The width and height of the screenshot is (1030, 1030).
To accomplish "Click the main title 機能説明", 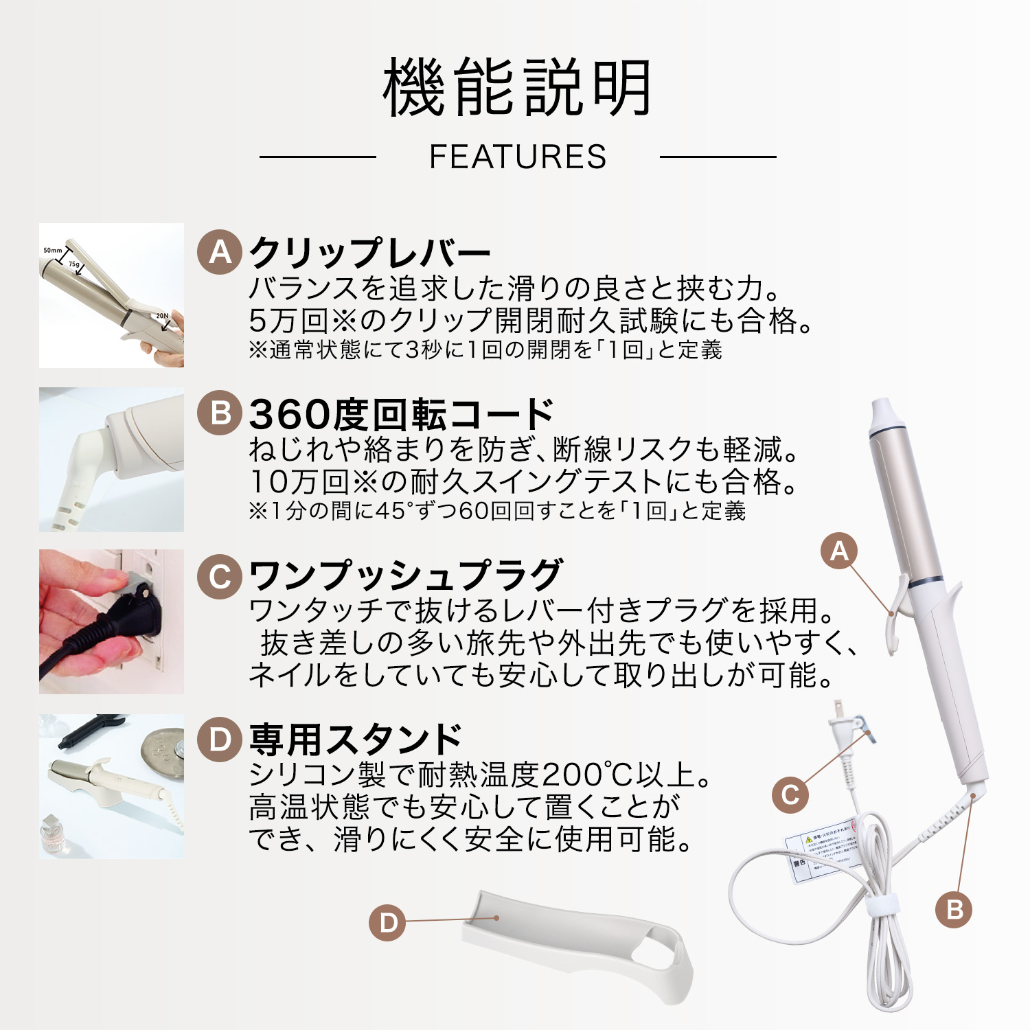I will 516,88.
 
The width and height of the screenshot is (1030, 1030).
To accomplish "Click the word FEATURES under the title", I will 518,157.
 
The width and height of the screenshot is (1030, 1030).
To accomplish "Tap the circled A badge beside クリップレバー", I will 220,253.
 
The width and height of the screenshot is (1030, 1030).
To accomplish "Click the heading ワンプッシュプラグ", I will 405,575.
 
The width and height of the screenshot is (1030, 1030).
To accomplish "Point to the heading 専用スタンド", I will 355,740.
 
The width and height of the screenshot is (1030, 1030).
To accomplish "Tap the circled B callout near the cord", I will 954,910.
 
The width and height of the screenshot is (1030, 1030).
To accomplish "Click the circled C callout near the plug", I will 790,794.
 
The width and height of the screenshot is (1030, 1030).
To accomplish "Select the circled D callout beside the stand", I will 387,922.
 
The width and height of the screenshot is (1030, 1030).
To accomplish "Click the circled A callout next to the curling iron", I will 839,551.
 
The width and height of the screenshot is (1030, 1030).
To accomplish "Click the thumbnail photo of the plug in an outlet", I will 111,621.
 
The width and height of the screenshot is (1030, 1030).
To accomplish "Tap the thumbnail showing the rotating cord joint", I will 111,459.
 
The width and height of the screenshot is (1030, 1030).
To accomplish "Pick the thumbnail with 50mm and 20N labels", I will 111,295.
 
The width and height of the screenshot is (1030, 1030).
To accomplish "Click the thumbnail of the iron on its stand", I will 111,786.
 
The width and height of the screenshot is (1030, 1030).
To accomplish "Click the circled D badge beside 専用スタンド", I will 220,740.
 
